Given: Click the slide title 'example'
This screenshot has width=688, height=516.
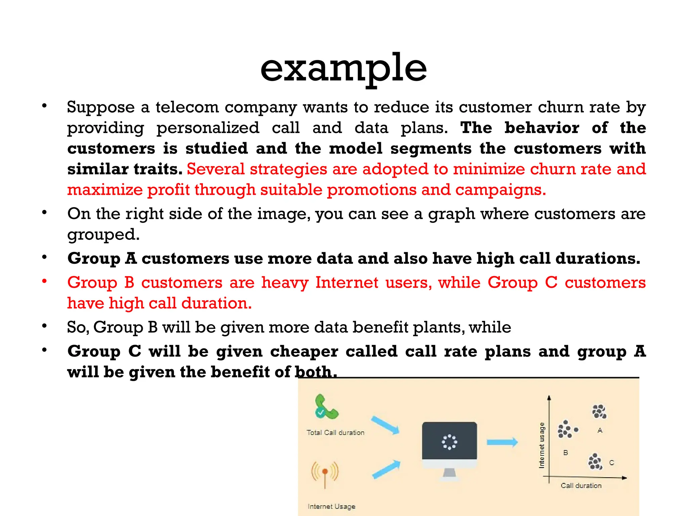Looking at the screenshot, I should [343, 69].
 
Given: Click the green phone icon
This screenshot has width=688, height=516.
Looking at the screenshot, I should [325, 407].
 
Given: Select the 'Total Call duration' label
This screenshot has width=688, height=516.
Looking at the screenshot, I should [335, 433].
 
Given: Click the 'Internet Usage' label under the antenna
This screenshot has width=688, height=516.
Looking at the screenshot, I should [331, 506].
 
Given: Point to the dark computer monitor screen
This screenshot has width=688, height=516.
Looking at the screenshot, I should [449, 441].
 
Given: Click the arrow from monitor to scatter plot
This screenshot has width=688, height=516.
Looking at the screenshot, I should [502, 442].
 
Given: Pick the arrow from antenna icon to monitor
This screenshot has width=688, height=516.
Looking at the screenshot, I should [386, 470].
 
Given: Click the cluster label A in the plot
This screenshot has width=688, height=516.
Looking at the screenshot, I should [600, 430].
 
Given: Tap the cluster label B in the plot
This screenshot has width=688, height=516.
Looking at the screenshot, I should [565, 453].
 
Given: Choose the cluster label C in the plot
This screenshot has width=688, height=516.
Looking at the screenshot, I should [611, 463].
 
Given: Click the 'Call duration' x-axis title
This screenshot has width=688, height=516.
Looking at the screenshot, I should [581, 485].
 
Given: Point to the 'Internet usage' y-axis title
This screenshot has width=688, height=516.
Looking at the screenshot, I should [541, 445].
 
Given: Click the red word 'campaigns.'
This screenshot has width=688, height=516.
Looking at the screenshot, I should [501, 190].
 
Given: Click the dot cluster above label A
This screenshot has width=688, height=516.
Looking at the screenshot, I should [599, 412].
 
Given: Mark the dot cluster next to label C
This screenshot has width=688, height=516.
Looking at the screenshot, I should [595, 462].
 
